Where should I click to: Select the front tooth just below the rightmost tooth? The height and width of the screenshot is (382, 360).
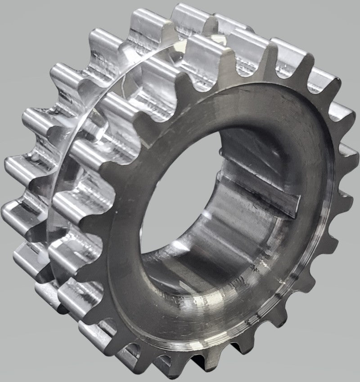click(x=344, y=198)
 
